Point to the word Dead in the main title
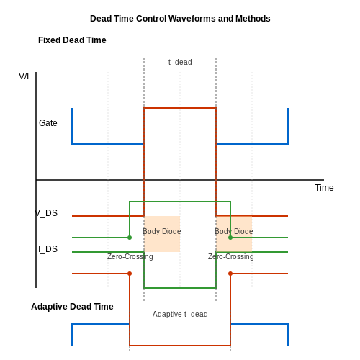pos(100,19)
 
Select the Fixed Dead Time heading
pos(72,40)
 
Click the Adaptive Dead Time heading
pos(72,307)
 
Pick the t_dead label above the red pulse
pos(180,62)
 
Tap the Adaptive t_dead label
pos(180,314)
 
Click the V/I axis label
pos(24,76)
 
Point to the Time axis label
pos(324,188)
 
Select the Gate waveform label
pos(48,123)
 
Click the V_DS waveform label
pos(46,213)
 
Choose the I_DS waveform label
pos(48,249)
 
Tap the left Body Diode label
pos(162,231)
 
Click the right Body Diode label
pos(234,231)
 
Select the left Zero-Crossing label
pos(130,256)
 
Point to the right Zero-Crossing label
pos(231,256)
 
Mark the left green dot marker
pos(130,238)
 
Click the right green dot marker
pos(230,238)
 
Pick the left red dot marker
pos(130,274)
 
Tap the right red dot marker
pos(230,274)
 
